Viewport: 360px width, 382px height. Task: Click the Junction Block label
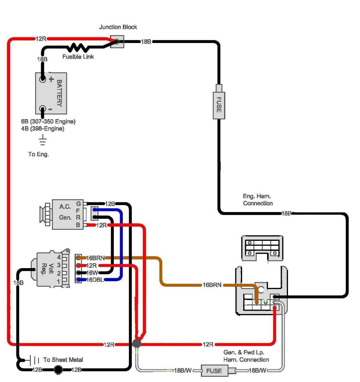coord(118,27)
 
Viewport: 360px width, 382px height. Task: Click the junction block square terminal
coord(117,41)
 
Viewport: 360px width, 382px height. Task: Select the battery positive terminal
coord(43,79)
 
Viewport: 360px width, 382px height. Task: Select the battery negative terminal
coord(43,109)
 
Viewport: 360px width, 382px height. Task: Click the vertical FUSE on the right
coord(219,105)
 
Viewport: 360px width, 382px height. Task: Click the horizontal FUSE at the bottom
coord(214,371)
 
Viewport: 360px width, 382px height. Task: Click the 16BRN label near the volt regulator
coord(96,258)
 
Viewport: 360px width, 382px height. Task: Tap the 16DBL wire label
coord(95,280)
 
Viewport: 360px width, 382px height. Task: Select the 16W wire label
coord(93,273)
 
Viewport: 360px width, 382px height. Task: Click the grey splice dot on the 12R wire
coord(137,344)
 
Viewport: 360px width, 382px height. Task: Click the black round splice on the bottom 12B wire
coord(58,370)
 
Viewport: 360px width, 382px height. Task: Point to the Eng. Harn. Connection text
coord(258,200)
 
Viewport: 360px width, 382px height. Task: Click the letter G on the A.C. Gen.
coord(78,204)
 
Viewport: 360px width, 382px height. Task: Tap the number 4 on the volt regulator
coord(58,257)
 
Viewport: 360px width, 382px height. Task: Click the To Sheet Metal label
coord(63,360)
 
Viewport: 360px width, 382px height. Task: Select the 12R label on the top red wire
coord(41,39)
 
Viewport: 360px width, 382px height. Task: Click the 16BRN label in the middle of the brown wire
coord(212,285)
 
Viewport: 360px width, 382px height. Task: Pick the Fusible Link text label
coord(78,57)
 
